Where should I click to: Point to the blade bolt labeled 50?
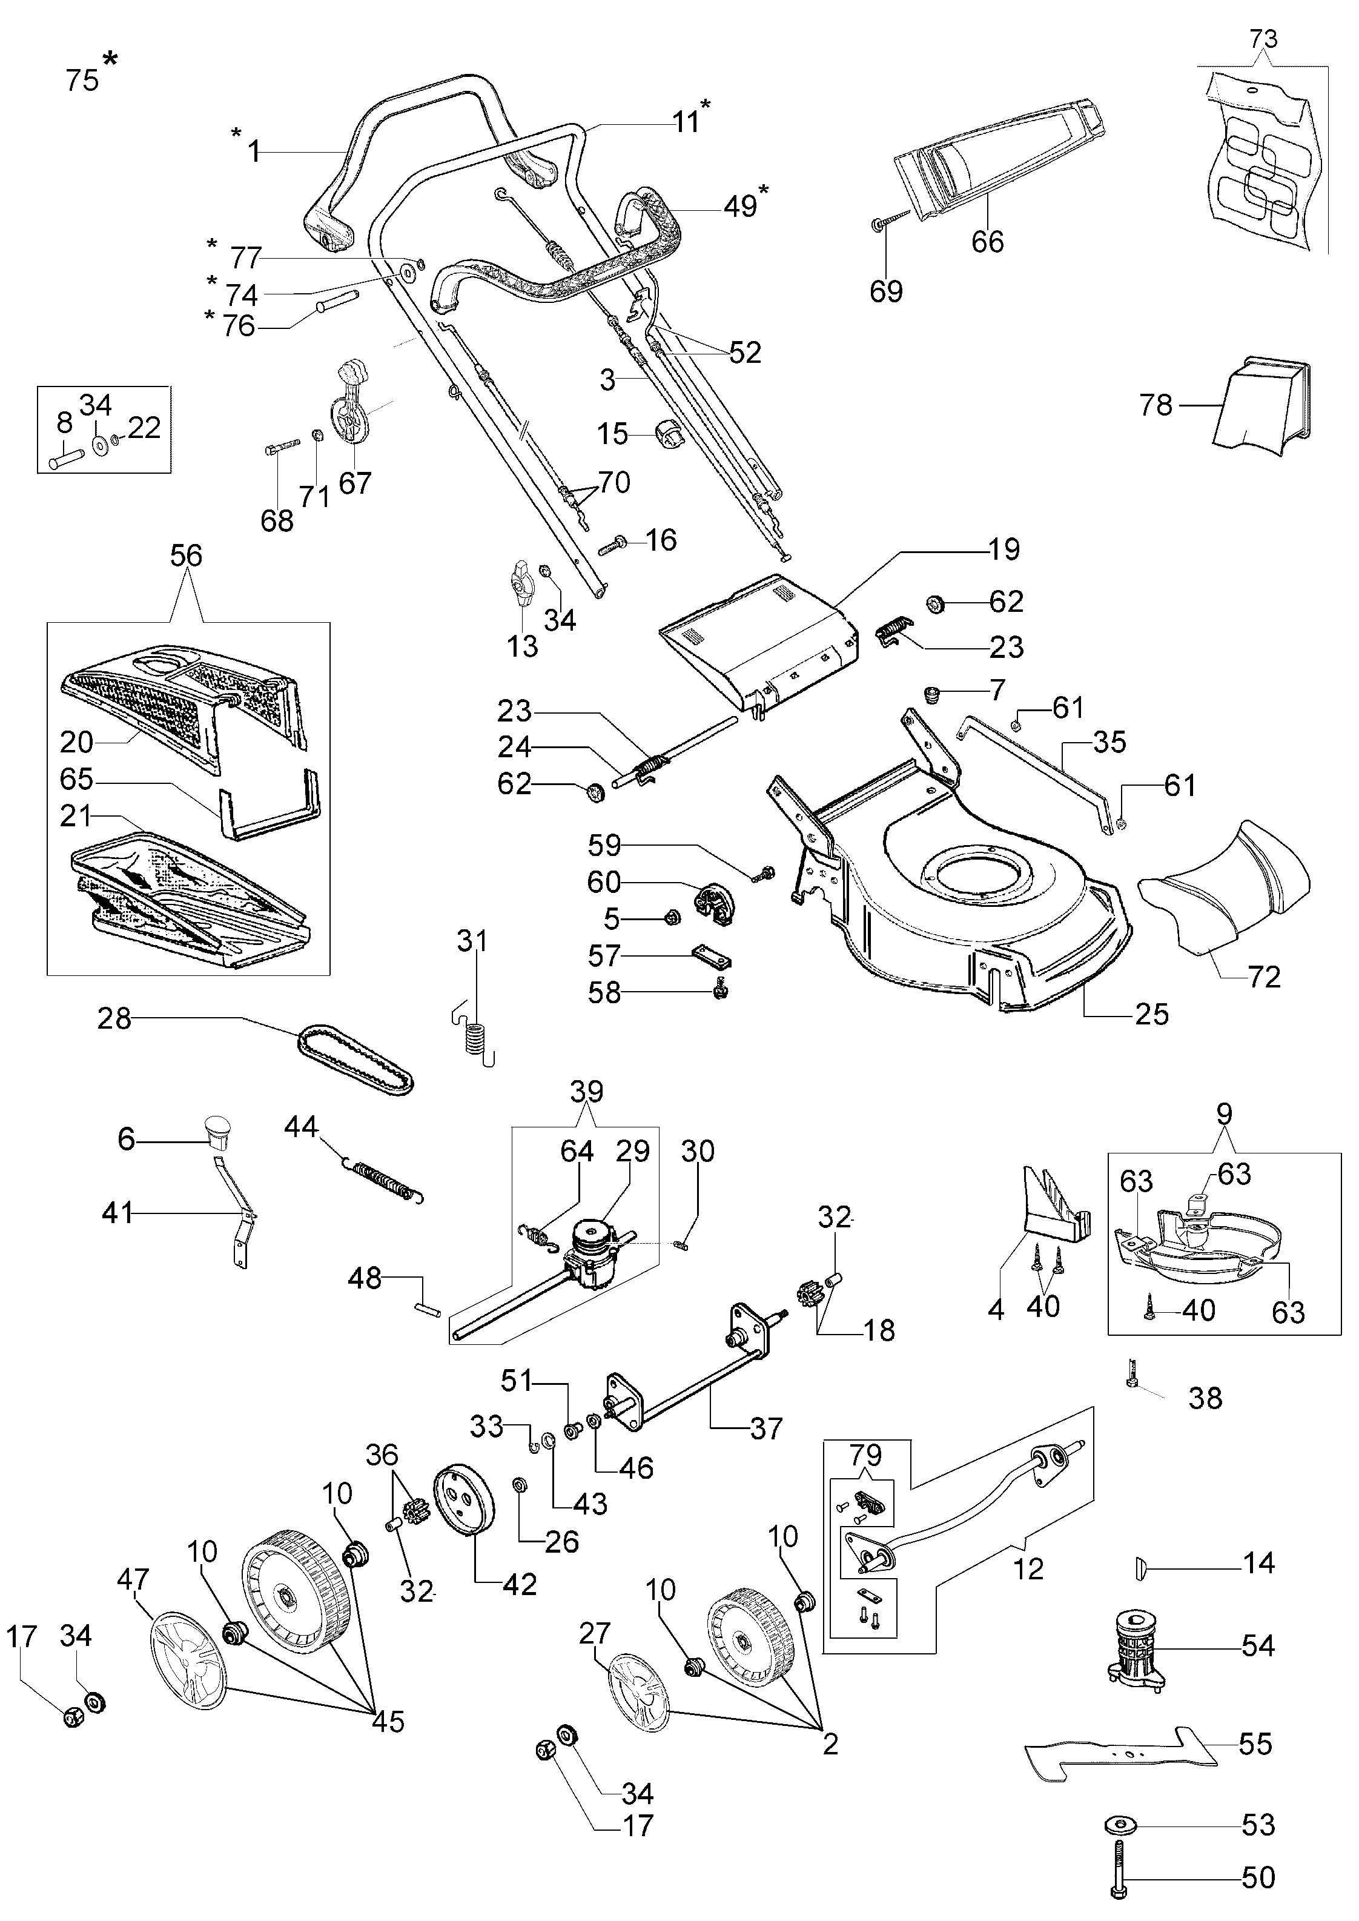(1120, 1851)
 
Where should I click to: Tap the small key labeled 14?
(1140, 1563)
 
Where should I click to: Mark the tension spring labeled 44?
(383, 1176)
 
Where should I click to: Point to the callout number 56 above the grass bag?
(186, 555)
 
